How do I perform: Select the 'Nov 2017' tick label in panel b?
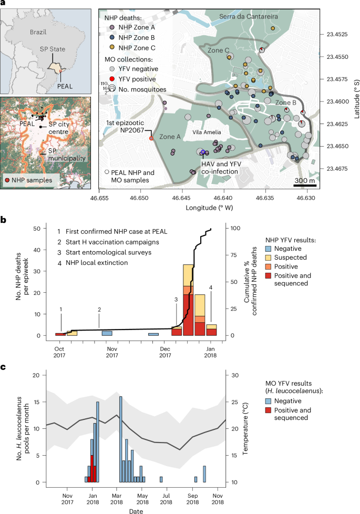click(110, 352)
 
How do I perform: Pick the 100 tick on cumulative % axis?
click(234, 229)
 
